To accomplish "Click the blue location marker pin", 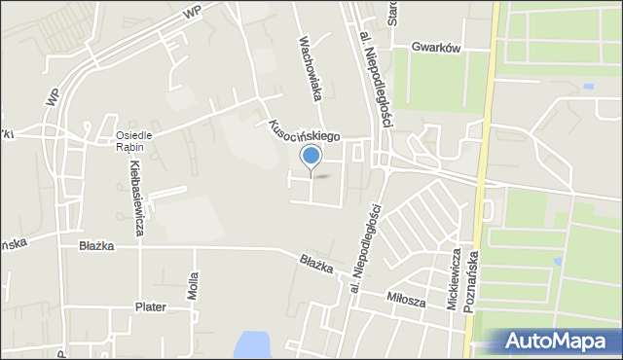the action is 311,156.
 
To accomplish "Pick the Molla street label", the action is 194,288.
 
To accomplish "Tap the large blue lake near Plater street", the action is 253,343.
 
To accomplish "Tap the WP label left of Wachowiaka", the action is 191,12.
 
